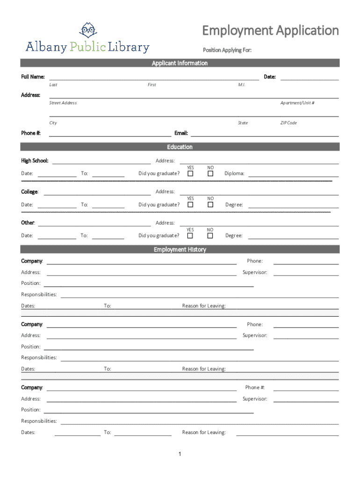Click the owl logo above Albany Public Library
87,30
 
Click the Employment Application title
270,31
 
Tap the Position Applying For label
227,50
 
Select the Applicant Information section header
180,63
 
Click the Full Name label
33,77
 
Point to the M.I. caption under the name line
241,85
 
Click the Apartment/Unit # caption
297,103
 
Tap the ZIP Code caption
288,123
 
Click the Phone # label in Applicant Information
31,133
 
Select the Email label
181,133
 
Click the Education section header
180,147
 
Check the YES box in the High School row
190,174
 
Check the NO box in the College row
210,204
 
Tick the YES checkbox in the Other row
190,235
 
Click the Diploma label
234,174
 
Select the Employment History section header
180,250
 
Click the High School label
35,161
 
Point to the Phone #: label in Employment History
255,387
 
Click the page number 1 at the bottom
180,454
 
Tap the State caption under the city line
243,123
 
